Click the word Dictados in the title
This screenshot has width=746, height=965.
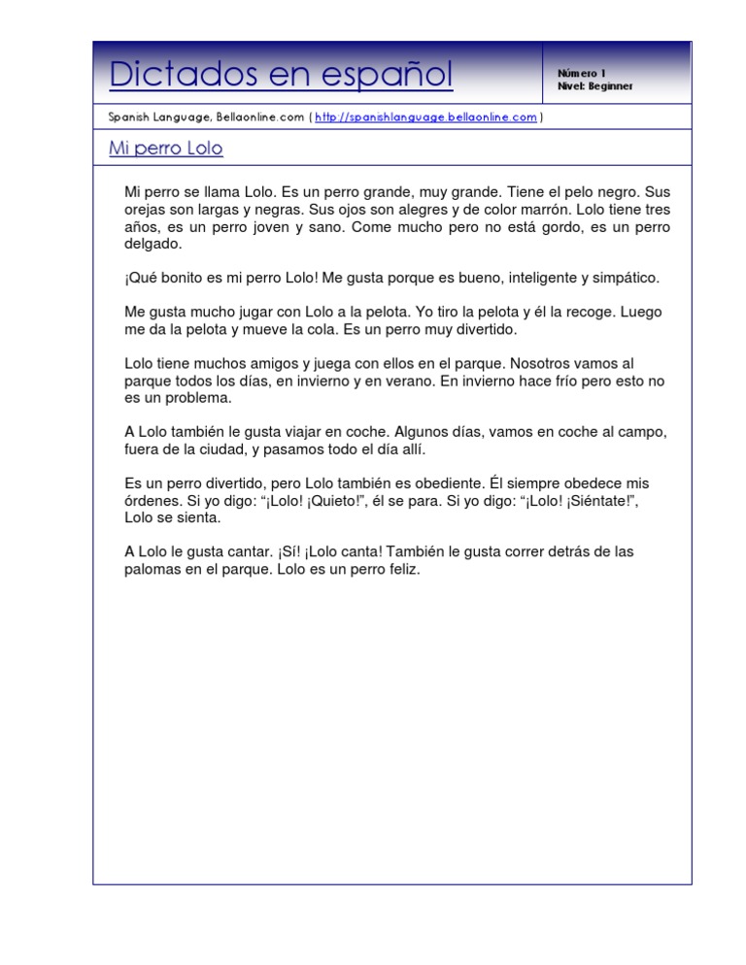pyautogui.click(x=168, y=74)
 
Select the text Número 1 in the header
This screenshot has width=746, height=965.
pyautogui.click(x=581, y=73)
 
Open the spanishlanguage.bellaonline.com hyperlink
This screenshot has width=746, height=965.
pyautogui.click(x=426, y=117)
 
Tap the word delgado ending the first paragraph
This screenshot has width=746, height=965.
pyautogui.click(x=153, y=245)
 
